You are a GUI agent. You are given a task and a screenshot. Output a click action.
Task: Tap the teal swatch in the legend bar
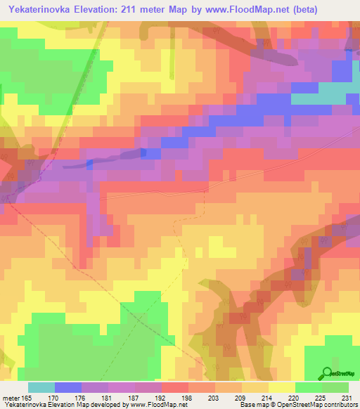(41, 387)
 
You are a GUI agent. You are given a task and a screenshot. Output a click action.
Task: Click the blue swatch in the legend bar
(68, 387)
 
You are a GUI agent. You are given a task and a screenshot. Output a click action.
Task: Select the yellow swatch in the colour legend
(282, 387)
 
